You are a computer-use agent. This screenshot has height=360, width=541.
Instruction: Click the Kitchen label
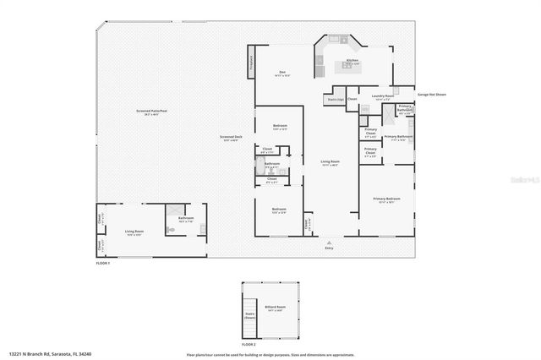[x=352, y=61]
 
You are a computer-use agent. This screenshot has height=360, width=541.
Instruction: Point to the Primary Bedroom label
[x=387, y=200]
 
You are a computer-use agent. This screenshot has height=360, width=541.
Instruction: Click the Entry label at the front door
[x=329, y=248]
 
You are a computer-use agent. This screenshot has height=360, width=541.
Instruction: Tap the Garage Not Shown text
[x=430, y=95]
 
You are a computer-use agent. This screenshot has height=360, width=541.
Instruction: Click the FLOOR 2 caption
[x=249, y=345]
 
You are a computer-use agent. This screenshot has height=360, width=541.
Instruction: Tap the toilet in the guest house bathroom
[x=169, y=228]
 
